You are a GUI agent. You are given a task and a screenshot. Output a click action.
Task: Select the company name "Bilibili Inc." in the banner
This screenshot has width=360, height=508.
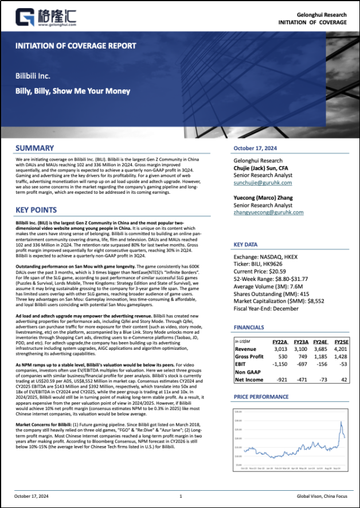tap(33, 76)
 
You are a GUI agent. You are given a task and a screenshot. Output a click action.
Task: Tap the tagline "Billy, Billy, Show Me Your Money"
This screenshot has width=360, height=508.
tap(73, 91)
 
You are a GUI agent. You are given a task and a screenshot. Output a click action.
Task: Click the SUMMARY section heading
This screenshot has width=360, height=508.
tap(35, 148)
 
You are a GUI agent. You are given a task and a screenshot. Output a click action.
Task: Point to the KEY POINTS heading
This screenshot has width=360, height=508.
tap(36, 210)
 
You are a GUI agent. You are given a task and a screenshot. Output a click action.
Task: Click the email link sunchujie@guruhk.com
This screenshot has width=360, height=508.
tap(263, 183)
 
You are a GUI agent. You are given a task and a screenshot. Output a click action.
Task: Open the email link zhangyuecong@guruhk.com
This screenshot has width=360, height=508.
tap(268, 212)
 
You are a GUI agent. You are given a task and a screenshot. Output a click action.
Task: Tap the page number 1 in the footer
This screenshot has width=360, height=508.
tap(181, 497)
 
